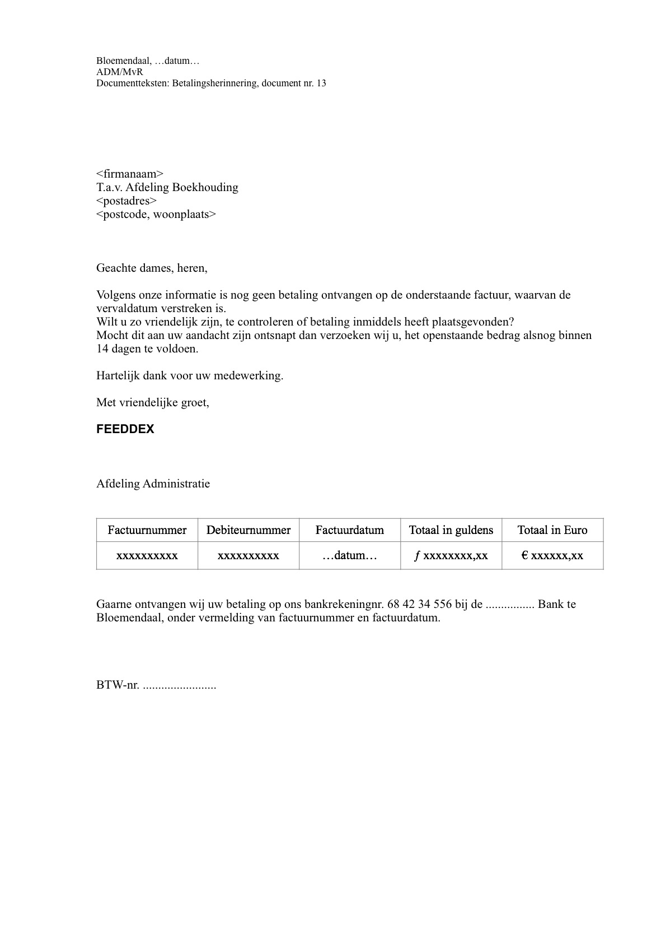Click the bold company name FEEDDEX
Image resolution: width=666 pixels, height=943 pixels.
tap(125, 429)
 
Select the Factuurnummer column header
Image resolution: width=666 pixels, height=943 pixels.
tap(147, 530)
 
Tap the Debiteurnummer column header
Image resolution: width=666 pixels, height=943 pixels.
tap(248, 530)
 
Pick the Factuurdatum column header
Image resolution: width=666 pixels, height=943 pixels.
tap(350, 530)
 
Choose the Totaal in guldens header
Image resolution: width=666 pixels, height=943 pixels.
tap(451, 530)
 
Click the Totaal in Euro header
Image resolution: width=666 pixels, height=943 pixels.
tap(552, 530)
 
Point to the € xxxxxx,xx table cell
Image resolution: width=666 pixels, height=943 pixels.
tap(552, 556)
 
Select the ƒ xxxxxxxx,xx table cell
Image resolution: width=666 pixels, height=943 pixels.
tap(451, 556)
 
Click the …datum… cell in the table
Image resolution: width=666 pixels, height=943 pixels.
tap(350, 556)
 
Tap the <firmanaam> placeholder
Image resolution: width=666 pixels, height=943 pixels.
tap(130, 174)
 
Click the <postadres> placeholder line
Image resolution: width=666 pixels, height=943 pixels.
tap(126, 201)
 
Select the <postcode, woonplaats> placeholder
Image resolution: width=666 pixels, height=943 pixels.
tap(156, 214)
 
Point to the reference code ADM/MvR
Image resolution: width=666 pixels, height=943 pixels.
tap(120, 72)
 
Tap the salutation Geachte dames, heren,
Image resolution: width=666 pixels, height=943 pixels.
tap(152, 268)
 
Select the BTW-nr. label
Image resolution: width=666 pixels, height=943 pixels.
tap(118, 685)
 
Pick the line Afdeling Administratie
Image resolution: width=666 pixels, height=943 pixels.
tap(153, 484)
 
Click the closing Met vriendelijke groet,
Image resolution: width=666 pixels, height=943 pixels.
tap(153, 402)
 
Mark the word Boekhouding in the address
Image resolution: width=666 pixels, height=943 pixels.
tap(205, 187)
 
